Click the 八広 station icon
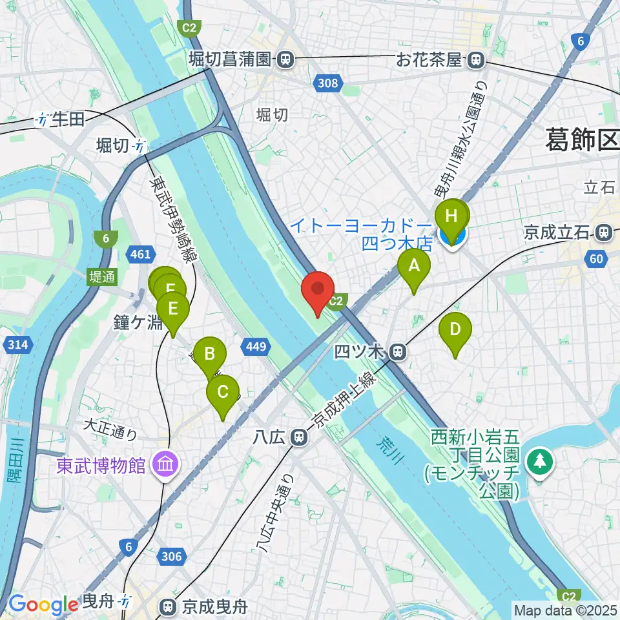(x=298, y=437)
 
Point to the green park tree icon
(x=537, y=461)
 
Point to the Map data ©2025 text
(x=565, y=610)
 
